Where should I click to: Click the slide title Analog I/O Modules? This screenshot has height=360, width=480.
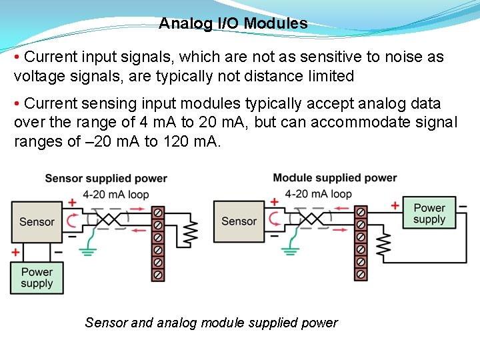tap(233, 24)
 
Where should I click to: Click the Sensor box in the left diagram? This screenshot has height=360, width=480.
tap(37, 222)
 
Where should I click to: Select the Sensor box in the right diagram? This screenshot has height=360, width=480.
tap(239, 222)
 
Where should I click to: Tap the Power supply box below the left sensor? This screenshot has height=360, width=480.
tap(37, 277)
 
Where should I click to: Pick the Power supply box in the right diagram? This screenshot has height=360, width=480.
tap(429, 213)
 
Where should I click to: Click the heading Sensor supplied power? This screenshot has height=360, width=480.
tap(106, 179)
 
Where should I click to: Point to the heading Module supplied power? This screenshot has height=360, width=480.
tap(335, 178)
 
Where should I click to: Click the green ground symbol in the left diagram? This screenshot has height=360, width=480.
tap(87, 251)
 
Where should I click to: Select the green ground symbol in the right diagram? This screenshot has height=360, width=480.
tap(289, 251)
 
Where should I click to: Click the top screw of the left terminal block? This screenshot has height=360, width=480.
tap(159, 213)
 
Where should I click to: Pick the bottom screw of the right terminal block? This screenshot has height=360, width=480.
tap(361, 274)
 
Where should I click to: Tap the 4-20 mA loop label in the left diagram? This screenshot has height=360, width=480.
tap(116, 194)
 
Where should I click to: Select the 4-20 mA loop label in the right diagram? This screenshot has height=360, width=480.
tap(318, 194)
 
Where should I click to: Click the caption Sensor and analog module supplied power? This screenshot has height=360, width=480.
tap(211, 323)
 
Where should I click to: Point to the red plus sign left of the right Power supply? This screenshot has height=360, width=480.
tap(395, 205)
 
